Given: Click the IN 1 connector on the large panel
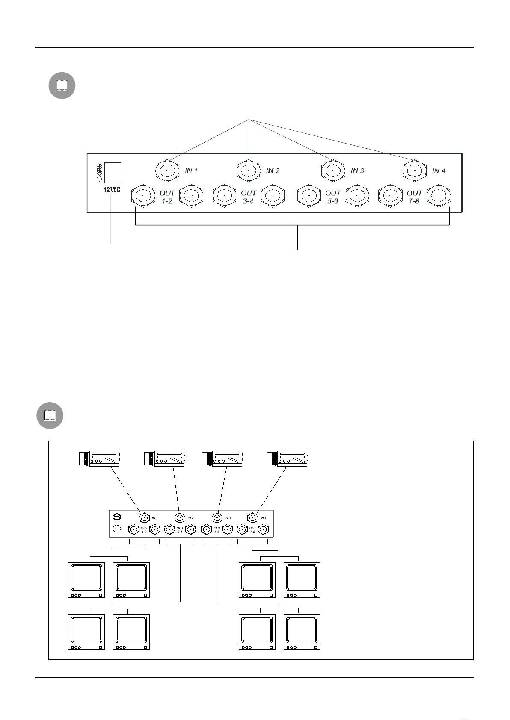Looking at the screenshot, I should coord(167,170).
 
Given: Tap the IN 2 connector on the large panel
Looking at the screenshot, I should coord(249,170).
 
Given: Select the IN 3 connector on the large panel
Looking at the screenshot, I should coord(333,170).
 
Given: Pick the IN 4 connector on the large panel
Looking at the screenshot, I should coord(415,170).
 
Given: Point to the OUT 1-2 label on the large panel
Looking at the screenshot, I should coord(167,197).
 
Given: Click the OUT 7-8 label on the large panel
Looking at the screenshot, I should coord(414,197).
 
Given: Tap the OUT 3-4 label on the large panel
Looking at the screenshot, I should coord(249,197).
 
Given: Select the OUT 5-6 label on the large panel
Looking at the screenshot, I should coord(333,197).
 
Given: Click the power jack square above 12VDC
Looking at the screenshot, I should coord(113,173).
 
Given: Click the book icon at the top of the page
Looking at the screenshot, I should coord(62,86).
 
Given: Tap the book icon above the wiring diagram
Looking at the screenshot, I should coord(50,415).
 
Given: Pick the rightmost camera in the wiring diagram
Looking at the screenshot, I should coord(287,458).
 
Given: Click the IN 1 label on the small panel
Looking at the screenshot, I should coord(154,518).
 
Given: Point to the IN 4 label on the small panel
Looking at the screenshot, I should coord(264,518).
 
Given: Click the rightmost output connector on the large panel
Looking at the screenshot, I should coord(438,196).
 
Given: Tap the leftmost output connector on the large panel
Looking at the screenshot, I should coord(143,196).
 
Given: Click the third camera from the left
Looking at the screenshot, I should coord(222,458).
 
